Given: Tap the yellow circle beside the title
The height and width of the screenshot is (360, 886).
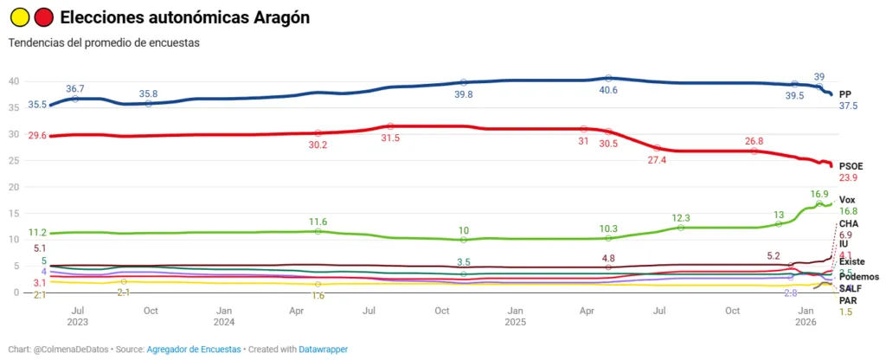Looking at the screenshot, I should pos(19,17).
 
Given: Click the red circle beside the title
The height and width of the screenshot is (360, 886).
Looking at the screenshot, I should pos(43,17).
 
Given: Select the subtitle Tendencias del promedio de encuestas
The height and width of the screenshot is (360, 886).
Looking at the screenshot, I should pos(104,42).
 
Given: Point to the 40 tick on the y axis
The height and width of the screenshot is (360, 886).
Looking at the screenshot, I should pos(14,81).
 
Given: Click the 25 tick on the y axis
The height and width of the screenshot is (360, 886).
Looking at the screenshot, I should pos(14,160).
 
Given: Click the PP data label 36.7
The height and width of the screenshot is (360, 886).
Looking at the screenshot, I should pos(75,88).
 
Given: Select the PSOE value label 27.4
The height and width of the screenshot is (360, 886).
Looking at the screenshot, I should pos(658,160).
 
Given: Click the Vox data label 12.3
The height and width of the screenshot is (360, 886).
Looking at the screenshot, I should pos(680,217).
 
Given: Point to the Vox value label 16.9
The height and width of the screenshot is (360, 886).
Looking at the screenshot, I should pos(819,194).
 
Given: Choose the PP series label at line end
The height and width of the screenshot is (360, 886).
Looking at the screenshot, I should pos(845,93).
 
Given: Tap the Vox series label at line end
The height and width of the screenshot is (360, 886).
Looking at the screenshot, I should pos(848,200).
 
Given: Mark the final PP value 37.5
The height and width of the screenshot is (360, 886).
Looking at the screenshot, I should pos(849,106).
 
